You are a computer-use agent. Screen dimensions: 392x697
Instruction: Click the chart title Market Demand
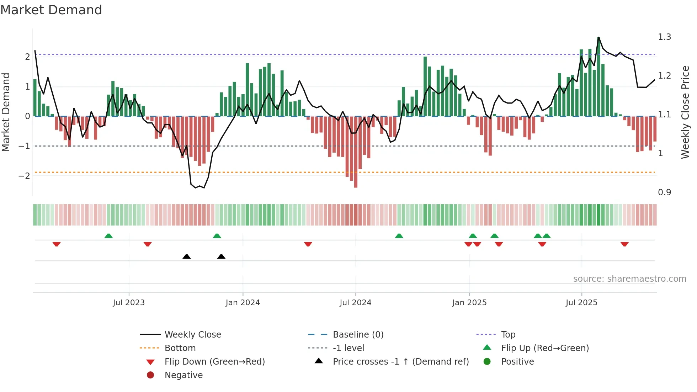pos(51,10)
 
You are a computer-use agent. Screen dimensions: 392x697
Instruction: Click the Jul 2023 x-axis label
pos(129,303)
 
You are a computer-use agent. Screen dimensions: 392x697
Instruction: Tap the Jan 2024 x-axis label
pos(243,303)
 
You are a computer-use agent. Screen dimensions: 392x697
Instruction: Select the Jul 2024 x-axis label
pos(355,303)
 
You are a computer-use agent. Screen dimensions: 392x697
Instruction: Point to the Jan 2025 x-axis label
pos(469,303)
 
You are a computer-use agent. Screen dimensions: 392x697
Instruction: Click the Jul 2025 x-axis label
pos(581,303)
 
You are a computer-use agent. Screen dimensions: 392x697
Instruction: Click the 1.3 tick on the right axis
pos(664,37)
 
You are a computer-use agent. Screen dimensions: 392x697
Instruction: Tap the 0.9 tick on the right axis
pos(664,192)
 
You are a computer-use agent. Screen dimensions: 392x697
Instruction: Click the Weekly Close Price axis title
pos(685,112)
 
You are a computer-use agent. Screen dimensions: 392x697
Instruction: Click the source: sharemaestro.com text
pos(629,279)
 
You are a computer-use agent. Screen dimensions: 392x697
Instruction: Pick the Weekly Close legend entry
pos(192,335)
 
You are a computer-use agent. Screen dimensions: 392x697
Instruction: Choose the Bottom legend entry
pos(180,348)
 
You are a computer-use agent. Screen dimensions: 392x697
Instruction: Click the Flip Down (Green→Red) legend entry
pos(214,362)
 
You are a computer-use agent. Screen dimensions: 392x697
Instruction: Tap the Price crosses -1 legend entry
pos(400,362)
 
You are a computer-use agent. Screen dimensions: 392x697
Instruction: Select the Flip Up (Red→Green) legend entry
pos(545,348)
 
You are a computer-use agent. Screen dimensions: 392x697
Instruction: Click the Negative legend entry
pos(183,375)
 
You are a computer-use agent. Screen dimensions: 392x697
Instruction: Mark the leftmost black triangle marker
pos(186,256)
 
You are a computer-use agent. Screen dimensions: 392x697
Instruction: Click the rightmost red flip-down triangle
pos(624,244)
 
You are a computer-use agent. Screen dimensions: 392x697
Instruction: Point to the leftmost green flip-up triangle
pos(108,236)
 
